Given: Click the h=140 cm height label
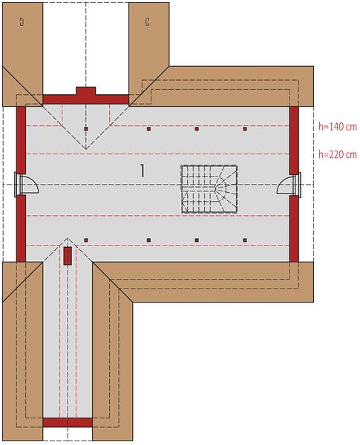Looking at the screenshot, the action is pos(337,127).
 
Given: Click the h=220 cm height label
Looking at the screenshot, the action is pos(337,154).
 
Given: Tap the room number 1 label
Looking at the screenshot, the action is pos(142,171).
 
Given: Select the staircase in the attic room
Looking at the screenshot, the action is pos(209,189).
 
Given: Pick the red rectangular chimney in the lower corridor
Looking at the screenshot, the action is pos(68,256).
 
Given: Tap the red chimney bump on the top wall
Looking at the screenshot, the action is pos(86,91).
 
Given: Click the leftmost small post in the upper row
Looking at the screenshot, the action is pos(86,129).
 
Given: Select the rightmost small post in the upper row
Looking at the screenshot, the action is pos(245,129).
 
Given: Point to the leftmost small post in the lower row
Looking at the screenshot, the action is pos(86,240).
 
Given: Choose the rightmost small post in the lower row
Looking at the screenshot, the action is pos(245,240).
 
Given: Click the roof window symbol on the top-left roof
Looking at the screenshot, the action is pos(22,22).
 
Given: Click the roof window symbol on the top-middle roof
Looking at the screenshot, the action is pos(147,22).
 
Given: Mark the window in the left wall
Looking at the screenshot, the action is pos(17,185).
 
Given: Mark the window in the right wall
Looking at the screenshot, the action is pos(298,185).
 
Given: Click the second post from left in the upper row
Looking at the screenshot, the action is pos(148,129).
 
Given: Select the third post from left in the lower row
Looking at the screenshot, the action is pos(197,240).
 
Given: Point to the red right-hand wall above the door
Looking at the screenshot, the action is pos(294,140).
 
